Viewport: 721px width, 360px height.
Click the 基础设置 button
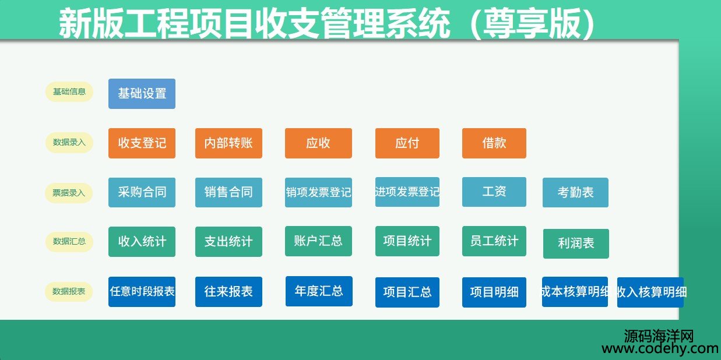point(142,94)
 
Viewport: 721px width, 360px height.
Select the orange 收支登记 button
point(142,143)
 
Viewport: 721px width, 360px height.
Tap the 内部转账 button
point(228,143)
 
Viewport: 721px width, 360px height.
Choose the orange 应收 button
point(318,143)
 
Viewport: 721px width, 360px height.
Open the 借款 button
point(494,143)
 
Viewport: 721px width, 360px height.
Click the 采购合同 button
point(142,192)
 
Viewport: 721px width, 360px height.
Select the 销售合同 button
point(228,192)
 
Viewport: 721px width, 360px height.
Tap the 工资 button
point(494,192)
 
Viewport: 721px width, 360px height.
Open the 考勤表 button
point(575,192)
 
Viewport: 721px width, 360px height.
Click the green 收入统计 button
point(142,242)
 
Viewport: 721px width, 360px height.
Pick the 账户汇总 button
point(318,241)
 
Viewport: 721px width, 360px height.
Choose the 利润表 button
point(576,243)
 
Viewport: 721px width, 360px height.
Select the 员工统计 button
point(494,241)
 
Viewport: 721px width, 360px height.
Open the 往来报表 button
point(228,292)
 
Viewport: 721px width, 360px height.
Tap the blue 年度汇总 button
point(319,291)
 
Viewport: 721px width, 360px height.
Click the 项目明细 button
point(494,292)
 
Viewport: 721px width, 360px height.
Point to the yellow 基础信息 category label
point(69,91)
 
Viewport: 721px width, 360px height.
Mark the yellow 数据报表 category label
point(69,291)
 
